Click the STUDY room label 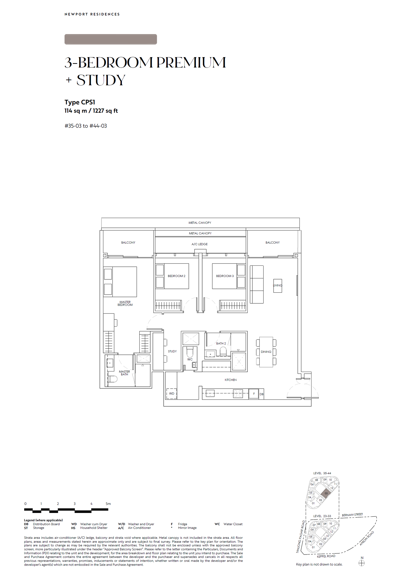point(172,351)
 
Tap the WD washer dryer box point(172,393)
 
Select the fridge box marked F point(254,394)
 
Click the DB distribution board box point(262,394)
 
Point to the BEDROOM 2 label point(177,276)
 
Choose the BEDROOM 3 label point(225,276)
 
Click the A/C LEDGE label point(199,244)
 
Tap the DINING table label point(266,352)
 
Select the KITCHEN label point(230,380)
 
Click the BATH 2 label point(221,344)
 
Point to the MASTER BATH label point(124,373)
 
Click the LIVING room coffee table point(278,286)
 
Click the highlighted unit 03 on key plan point(326,493)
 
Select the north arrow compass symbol point(362,563)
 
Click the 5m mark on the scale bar point(108,504)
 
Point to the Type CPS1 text point(80,102)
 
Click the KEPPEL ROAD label point(326,556)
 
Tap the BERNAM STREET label point(352,515)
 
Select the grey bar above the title point(111,39)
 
